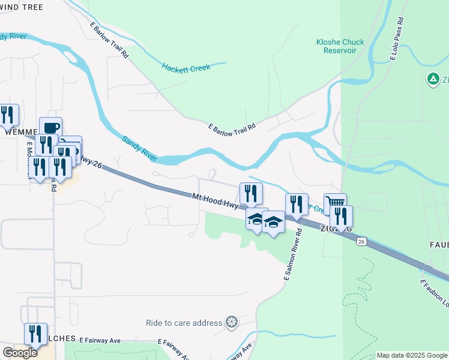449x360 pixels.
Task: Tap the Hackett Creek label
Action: pyautogui.click(x=186, y=68)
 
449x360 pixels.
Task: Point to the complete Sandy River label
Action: pyautogui.click(x=140, y=148)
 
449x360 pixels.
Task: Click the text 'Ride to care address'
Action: pyautogui.click(x=184, y=323)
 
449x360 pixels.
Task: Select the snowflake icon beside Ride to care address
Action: pyautogui.click(x=231, y=323)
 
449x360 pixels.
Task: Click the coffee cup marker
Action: pyautogui.click(x=51, y=128)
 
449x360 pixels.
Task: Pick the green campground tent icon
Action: pyautogui.click(x=432, y=79)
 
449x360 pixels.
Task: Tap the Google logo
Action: pyautogui.click(x=20, y=353)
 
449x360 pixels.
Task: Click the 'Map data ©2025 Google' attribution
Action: pyautogui.click(x=412, y=355)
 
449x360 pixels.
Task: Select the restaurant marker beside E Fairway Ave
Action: pyautogui.click(x=35, y=334)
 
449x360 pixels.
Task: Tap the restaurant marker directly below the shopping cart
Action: pyautogui.click(x=341, y=217)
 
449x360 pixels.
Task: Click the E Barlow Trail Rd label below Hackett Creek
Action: pyautogui.click(x=232, y=127)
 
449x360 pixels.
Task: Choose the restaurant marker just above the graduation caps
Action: pyautogui.click(x=251, y=193)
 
